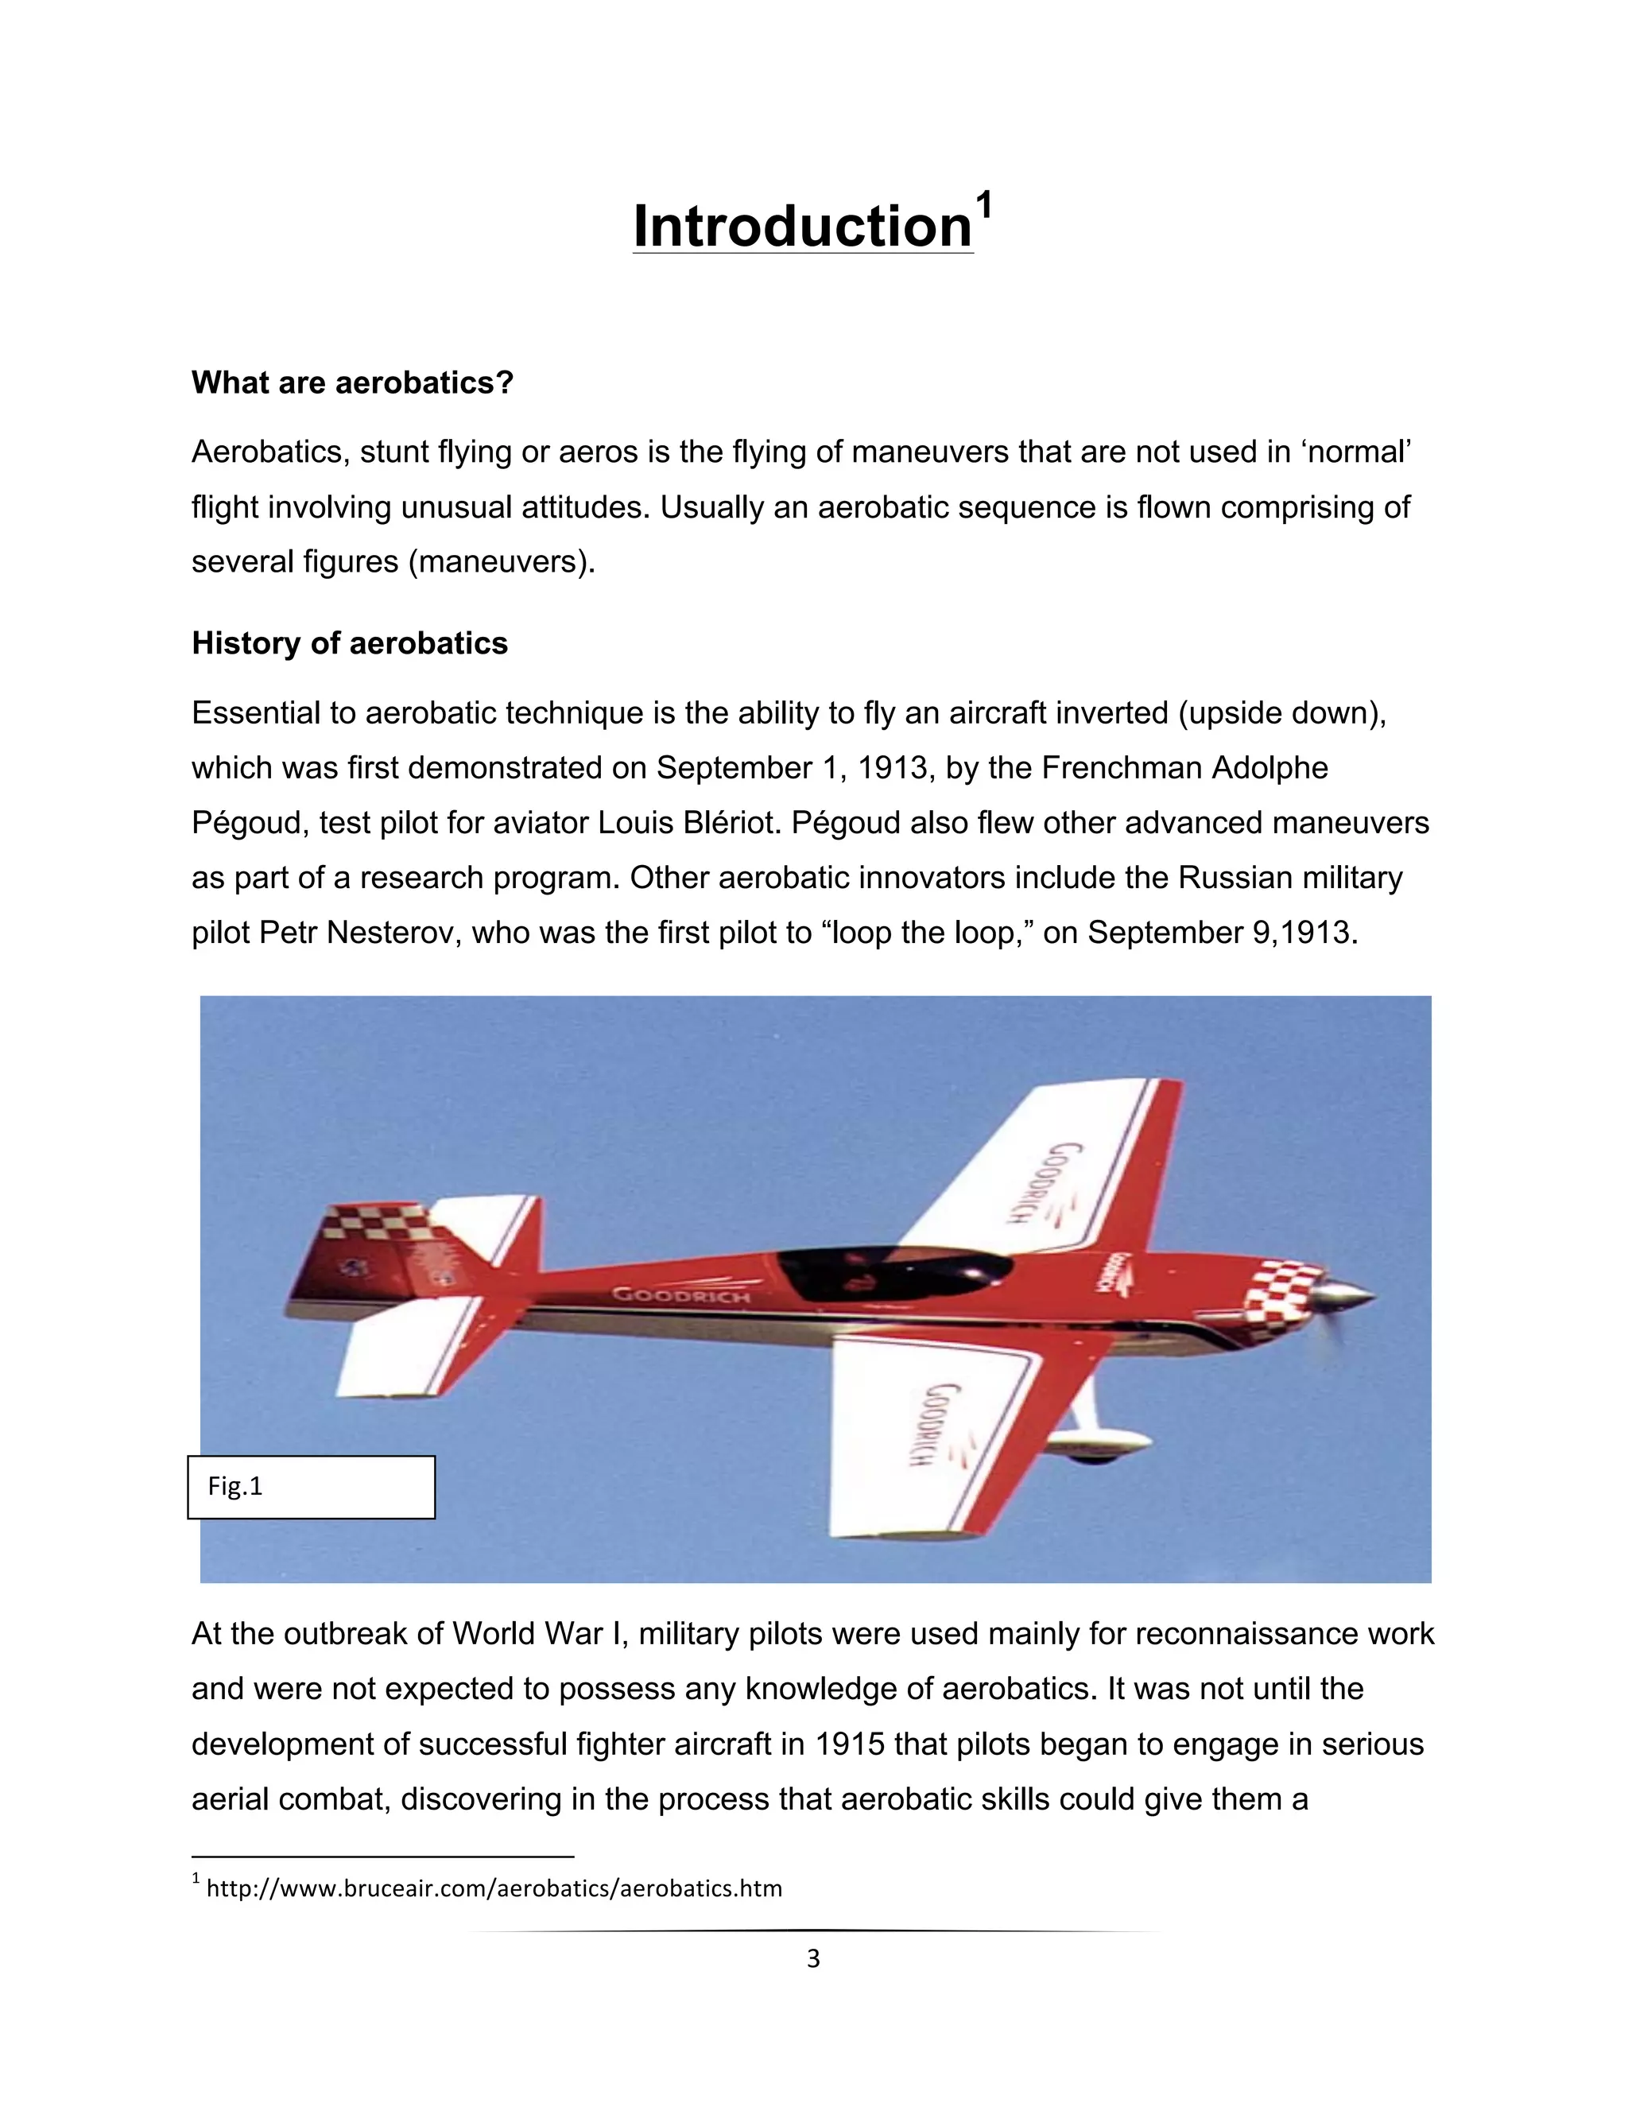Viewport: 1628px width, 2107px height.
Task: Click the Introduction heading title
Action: pos(801,227)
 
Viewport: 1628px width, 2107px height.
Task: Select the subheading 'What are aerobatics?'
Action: pos(352,383)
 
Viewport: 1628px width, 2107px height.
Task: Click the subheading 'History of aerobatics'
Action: pos(349,643)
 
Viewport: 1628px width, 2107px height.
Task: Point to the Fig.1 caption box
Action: pos(311,1487)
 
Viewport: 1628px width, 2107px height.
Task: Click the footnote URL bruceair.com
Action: pos(494,1888)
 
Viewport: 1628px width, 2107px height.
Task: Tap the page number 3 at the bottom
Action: pos(813,1958)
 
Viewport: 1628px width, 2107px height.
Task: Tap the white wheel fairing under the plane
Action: pos(1099,1444)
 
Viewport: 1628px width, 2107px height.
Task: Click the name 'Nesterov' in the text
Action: pos(393,933)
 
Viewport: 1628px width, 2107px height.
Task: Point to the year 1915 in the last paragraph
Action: pos(850,1744)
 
